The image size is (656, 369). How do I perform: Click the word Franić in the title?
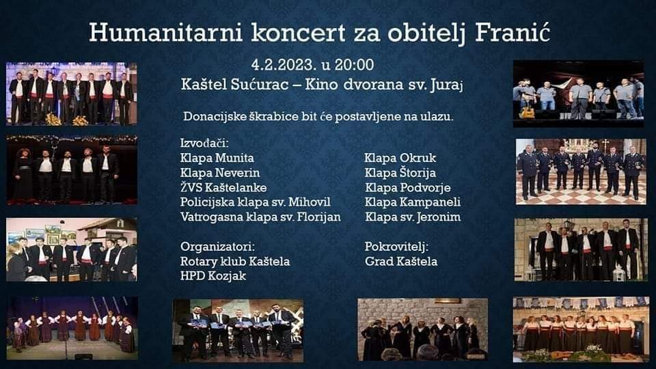click(512, 32)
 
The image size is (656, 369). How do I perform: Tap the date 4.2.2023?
click(283, 65)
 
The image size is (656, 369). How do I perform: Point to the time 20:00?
click(355, 65)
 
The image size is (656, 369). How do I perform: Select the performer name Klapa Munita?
click(217, 158)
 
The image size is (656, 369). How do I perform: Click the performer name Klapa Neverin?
click(219, 173)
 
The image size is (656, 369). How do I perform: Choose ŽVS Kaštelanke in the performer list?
click(223, 187)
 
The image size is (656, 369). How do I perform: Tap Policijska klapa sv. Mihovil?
click(255, 202)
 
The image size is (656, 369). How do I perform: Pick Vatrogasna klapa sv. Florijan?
click(260, 217)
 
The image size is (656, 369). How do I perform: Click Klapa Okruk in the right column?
click(400, 158)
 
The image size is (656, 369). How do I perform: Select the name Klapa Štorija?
click(400, 173)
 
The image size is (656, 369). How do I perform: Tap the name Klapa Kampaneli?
click(413, 202)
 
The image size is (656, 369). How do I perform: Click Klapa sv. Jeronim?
click(413, 217)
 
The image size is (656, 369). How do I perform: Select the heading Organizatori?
click(217, 247)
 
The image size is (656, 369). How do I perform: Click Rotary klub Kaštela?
click(234, 262)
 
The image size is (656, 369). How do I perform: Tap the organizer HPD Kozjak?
click(213, 276)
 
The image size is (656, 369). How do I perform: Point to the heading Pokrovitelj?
click(396, 247)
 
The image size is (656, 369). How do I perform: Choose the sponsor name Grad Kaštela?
click(401, 262)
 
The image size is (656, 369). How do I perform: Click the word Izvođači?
click(204, 143)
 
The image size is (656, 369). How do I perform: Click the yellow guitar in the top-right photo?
click(527, 111)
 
